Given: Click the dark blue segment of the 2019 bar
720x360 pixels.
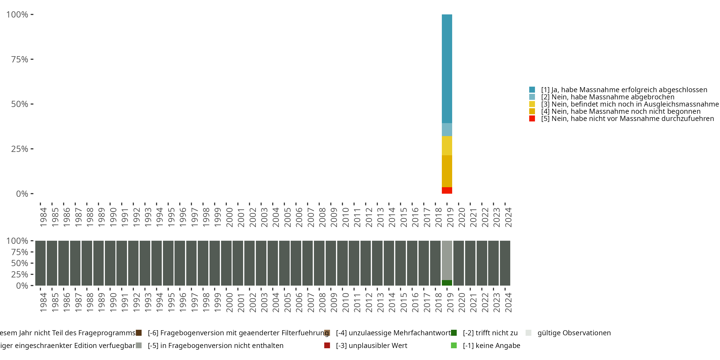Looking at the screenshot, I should tap(447, 68).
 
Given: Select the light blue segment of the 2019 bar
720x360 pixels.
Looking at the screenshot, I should tap(447, 129).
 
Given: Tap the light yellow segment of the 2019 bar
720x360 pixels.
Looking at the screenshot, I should tap(447, 146).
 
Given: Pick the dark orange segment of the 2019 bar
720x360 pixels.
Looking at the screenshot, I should tap(447, 171).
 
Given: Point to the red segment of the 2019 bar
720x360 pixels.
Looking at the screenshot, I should tap(447, 190).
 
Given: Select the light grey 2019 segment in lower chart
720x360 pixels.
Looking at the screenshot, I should tap(447, 260).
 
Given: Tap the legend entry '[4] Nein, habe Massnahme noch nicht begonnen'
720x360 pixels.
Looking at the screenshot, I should tap(620, 112).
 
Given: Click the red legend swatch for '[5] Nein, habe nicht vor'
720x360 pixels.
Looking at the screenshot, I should tap(532, 119).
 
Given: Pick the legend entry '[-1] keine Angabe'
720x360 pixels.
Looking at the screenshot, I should tap(491, 345).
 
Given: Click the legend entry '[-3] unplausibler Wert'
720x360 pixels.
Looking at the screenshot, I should tap(371, 345).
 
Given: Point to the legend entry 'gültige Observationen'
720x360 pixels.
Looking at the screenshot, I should tap(574, 333).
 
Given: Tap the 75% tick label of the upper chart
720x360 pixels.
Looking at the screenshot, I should tap(20, 59).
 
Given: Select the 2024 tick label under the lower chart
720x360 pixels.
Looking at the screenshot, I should tap(508, 302).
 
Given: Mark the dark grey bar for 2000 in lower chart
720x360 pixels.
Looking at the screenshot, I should tap(226, 263).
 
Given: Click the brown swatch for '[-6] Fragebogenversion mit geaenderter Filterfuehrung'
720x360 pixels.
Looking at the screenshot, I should tap(139, 333).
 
